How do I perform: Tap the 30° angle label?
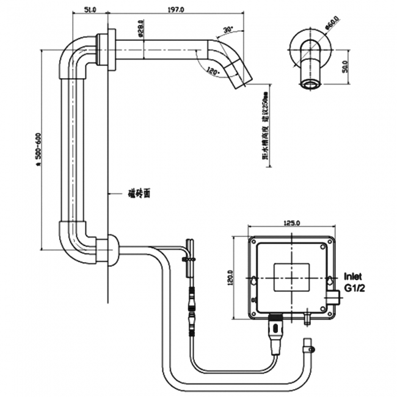[228, 29]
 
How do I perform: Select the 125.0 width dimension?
[293, 224]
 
